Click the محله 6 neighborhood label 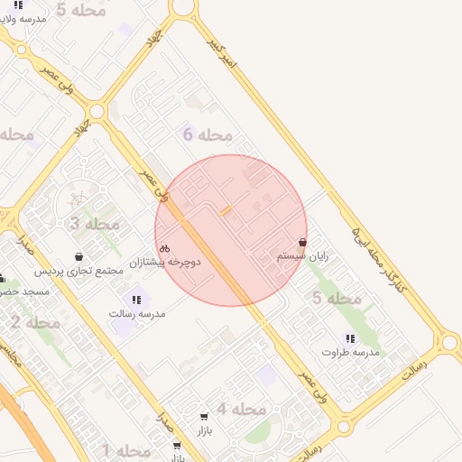tap(208, 135)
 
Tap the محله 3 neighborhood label tap(96, 223)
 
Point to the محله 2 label tap(36, 322)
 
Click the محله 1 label tap(126, 450)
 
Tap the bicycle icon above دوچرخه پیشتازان tap(164, 248)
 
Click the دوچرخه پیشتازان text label tap(165, 262)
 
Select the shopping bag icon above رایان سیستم tap(302, 243)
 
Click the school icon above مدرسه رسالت tap(137, 300)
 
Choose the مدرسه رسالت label tap(137, 313)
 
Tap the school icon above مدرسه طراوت tap(349, 338)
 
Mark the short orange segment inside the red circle tap(226, 210)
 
